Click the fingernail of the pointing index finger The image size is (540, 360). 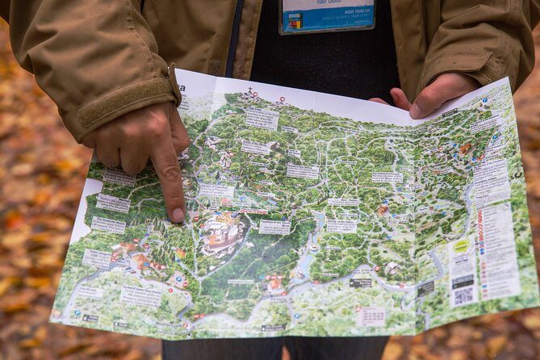(x=177, y=214)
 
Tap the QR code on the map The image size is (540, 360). (x=463, y=295)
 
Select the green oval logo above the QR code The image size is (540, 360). (x=461, y=246)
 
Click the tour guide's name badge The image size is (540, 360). (x=326, y=15)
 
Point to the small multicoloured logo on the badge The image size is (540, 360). (x=294, y=22)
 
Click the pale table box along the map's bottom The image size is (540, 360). (x=370, y=316)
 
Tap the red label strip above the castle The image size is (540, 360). (x=253, y=211)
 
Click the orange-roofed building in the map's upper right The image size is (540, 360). (x=465, y=149)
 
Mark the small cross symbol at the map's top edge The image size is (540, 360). (x=250, y=90)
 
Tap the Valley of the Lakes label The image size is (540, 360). (x=341, y=226)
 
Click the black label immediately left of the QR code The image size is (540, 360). (x=425, y=287)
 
